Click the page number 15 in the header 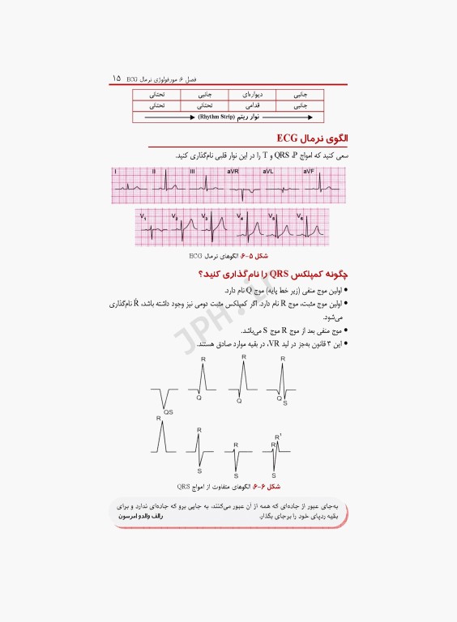pyautogui.click(x=117, y=79)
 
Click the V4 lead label pyautogui.click(x=240, y=215)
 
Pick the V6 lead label pyautogui.click(x=301, y=216)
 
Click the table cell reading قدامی pyautogui.click(x=242, y=105)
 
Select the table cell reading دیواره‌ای pyautogui.click(x=242, y=94)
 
